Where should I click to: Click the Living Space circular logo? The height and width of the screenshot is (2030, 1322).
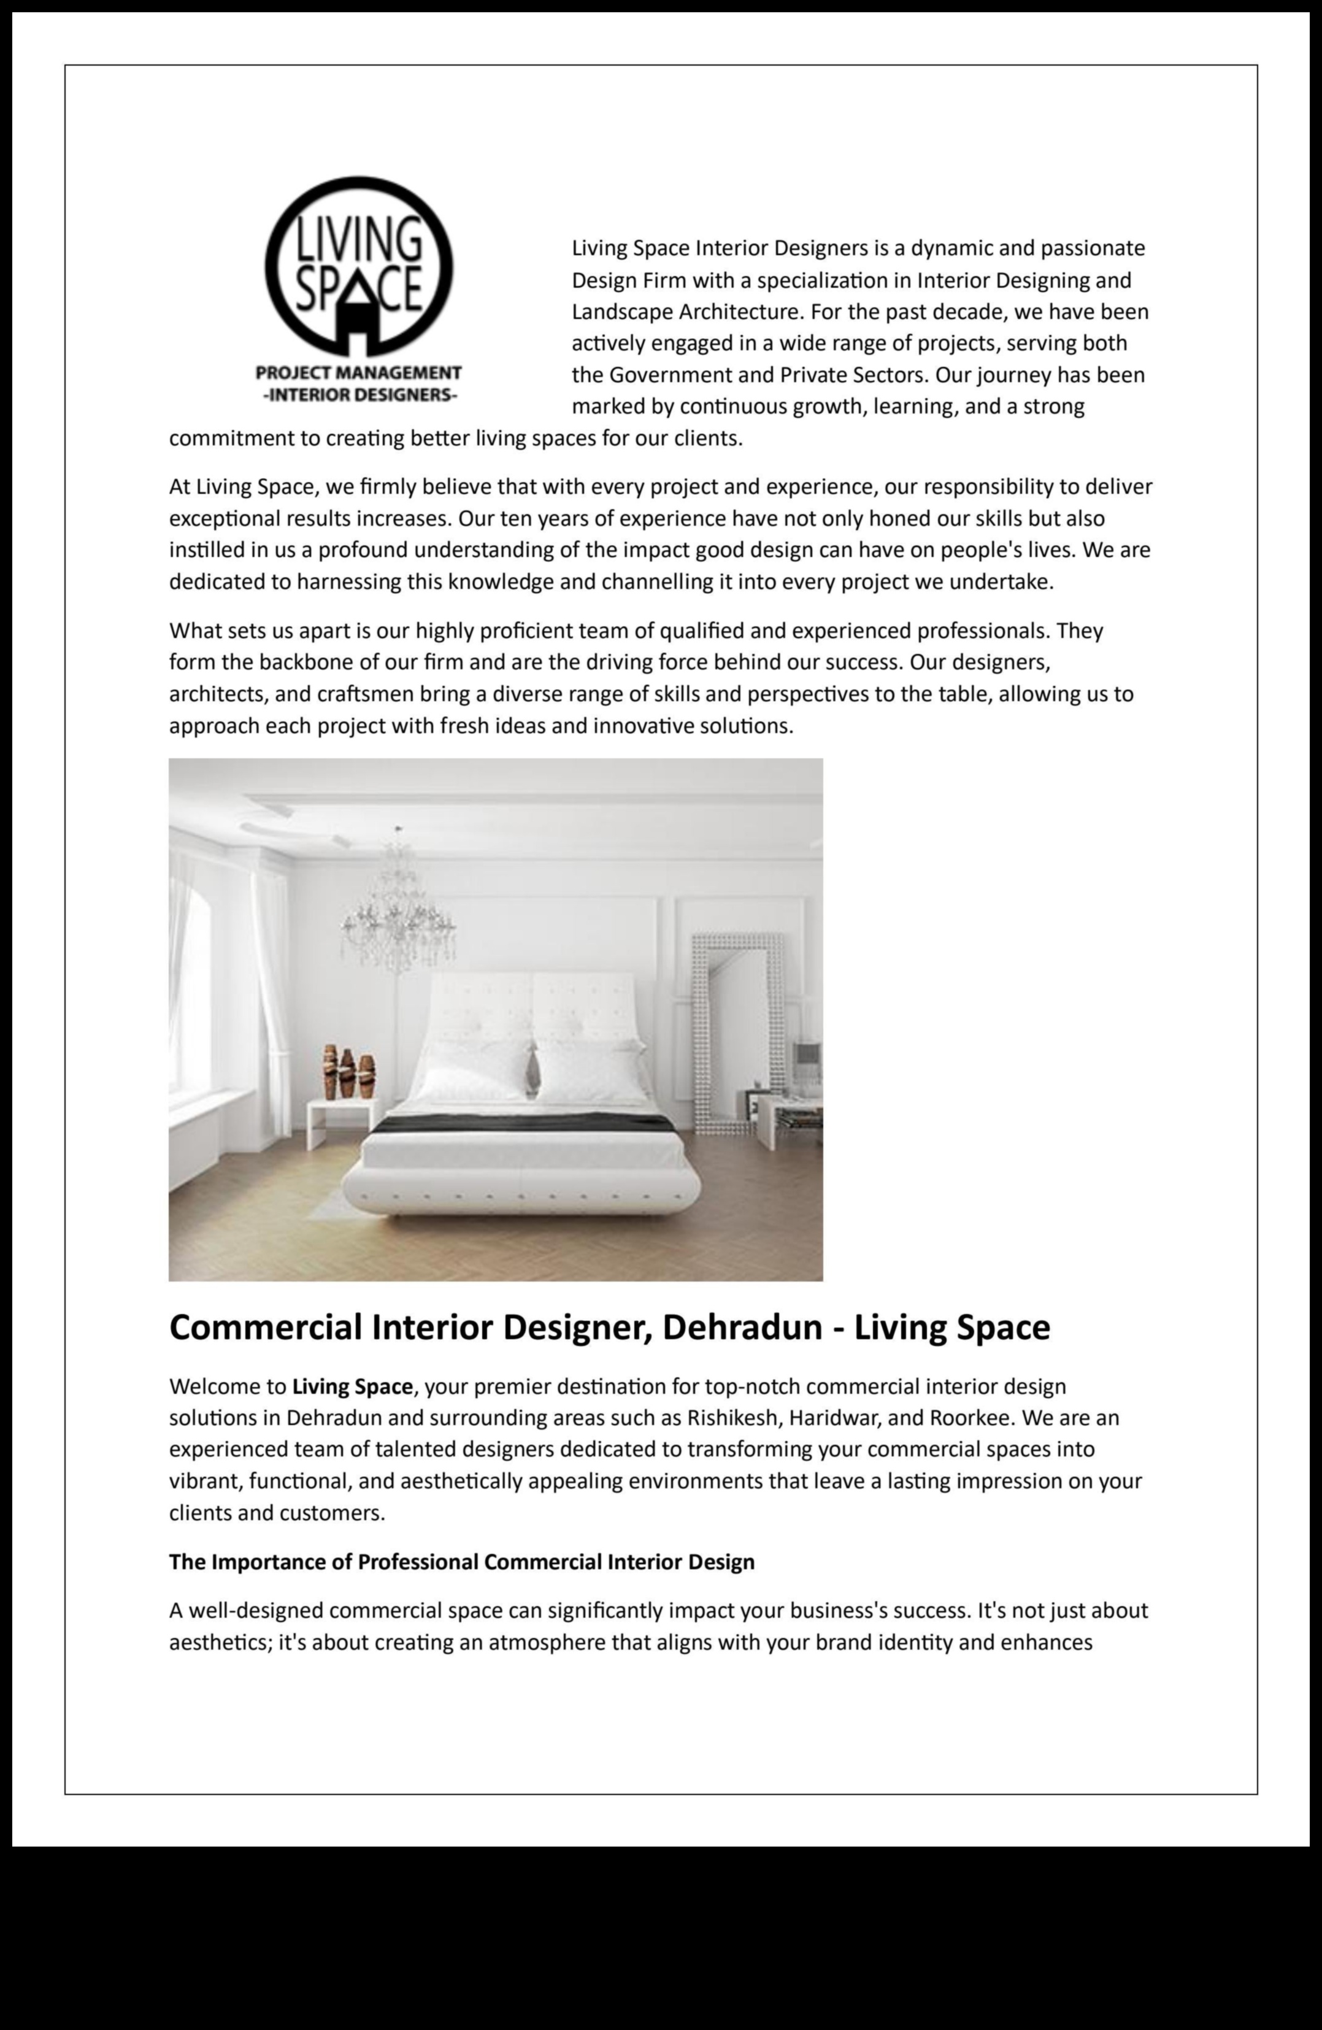358,266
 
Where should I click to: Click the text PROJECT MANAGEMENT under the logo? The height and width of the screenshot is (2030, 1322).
358,373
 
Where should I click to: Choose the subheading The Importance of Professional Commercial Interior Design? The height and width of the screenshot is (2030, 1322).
461,1562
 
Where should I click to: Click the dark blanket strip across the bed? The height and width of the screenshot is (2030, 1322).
525,1124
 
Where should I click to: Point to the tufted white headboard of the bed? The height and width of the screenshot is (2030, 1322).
533,1011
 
